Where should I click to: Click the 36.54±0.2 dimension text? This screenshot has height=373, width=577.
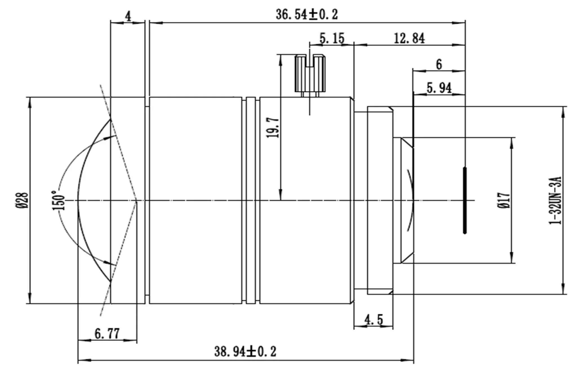(x=307, y=14)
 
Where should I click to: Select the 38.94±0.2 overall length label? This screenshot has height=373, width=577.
(x=245, y=352)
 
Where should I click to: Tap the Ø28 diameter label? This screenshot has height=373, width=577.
(x=22, y=200)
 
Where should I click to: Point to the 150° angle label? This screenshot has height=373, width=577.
(x=58, y=200)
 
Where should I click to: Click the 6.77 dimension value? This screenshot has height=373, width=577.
(x=107, y=334)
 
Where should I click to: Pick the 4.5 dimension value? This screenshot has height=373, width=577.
(x=374, y=320)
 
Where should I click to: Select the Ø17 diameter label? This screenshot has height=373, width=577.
(x=504, y=200)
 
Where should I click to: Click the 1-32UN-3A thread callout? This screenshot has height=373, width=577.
(x=555, y=200)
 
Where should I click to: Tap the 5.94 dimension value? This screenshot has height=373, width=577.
(x=439, y=88)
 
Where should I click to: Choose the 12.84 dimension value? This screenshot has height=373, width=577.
(x=409, y=38)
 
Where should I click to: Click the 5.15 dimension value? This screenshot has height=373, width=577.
(x=332, y=38)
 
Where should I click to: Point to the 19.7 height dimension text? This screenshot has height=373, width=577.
(x=273, y=128)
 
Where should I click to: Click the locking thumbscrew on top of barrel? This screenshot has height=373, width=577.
(x=310, y=74)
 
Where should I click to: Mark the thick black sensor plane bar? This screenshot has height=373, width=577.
(x=465, y=200)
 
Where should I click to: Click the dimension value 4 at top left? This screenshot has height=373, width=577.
(x=128, y=16)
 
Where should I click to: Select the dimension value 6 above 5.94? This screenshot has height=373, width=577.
(x=439, y=65)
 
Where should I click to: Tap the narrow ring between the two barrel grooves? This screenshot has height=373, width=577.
(x=251, y=200)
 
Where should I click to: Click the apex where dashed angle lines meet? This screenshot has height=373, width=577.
(x=137, y=201)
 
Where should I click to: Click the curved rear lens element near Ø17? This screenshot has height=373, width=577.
(x=411, y=200)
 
